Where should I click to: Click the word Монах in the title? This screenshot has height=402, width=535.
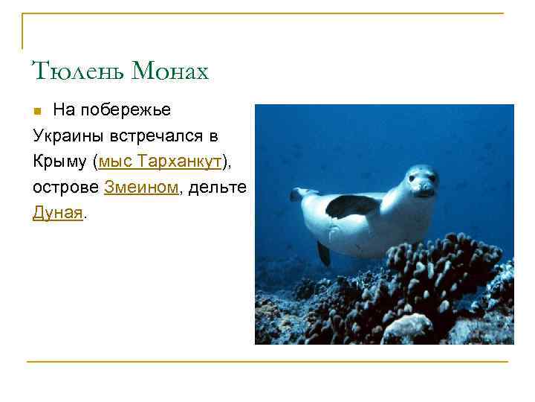[169, 71]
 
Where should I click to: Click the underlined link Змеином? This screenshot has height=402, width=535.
[141, 188]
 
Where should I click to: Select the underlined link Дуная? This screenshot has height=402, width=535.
[58, 213]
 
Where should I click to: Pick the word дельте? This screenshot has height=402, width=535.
[216, 188]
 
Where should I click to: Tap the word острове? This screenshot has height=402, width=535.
[65, 188]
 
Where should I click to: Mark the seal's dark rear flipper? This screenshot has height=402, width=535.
[323, 252]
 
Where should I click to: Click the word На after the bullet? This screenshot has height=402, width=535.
[63, 111]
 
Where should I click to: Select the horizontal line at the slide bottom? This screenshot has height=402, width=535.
[267, 362]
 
